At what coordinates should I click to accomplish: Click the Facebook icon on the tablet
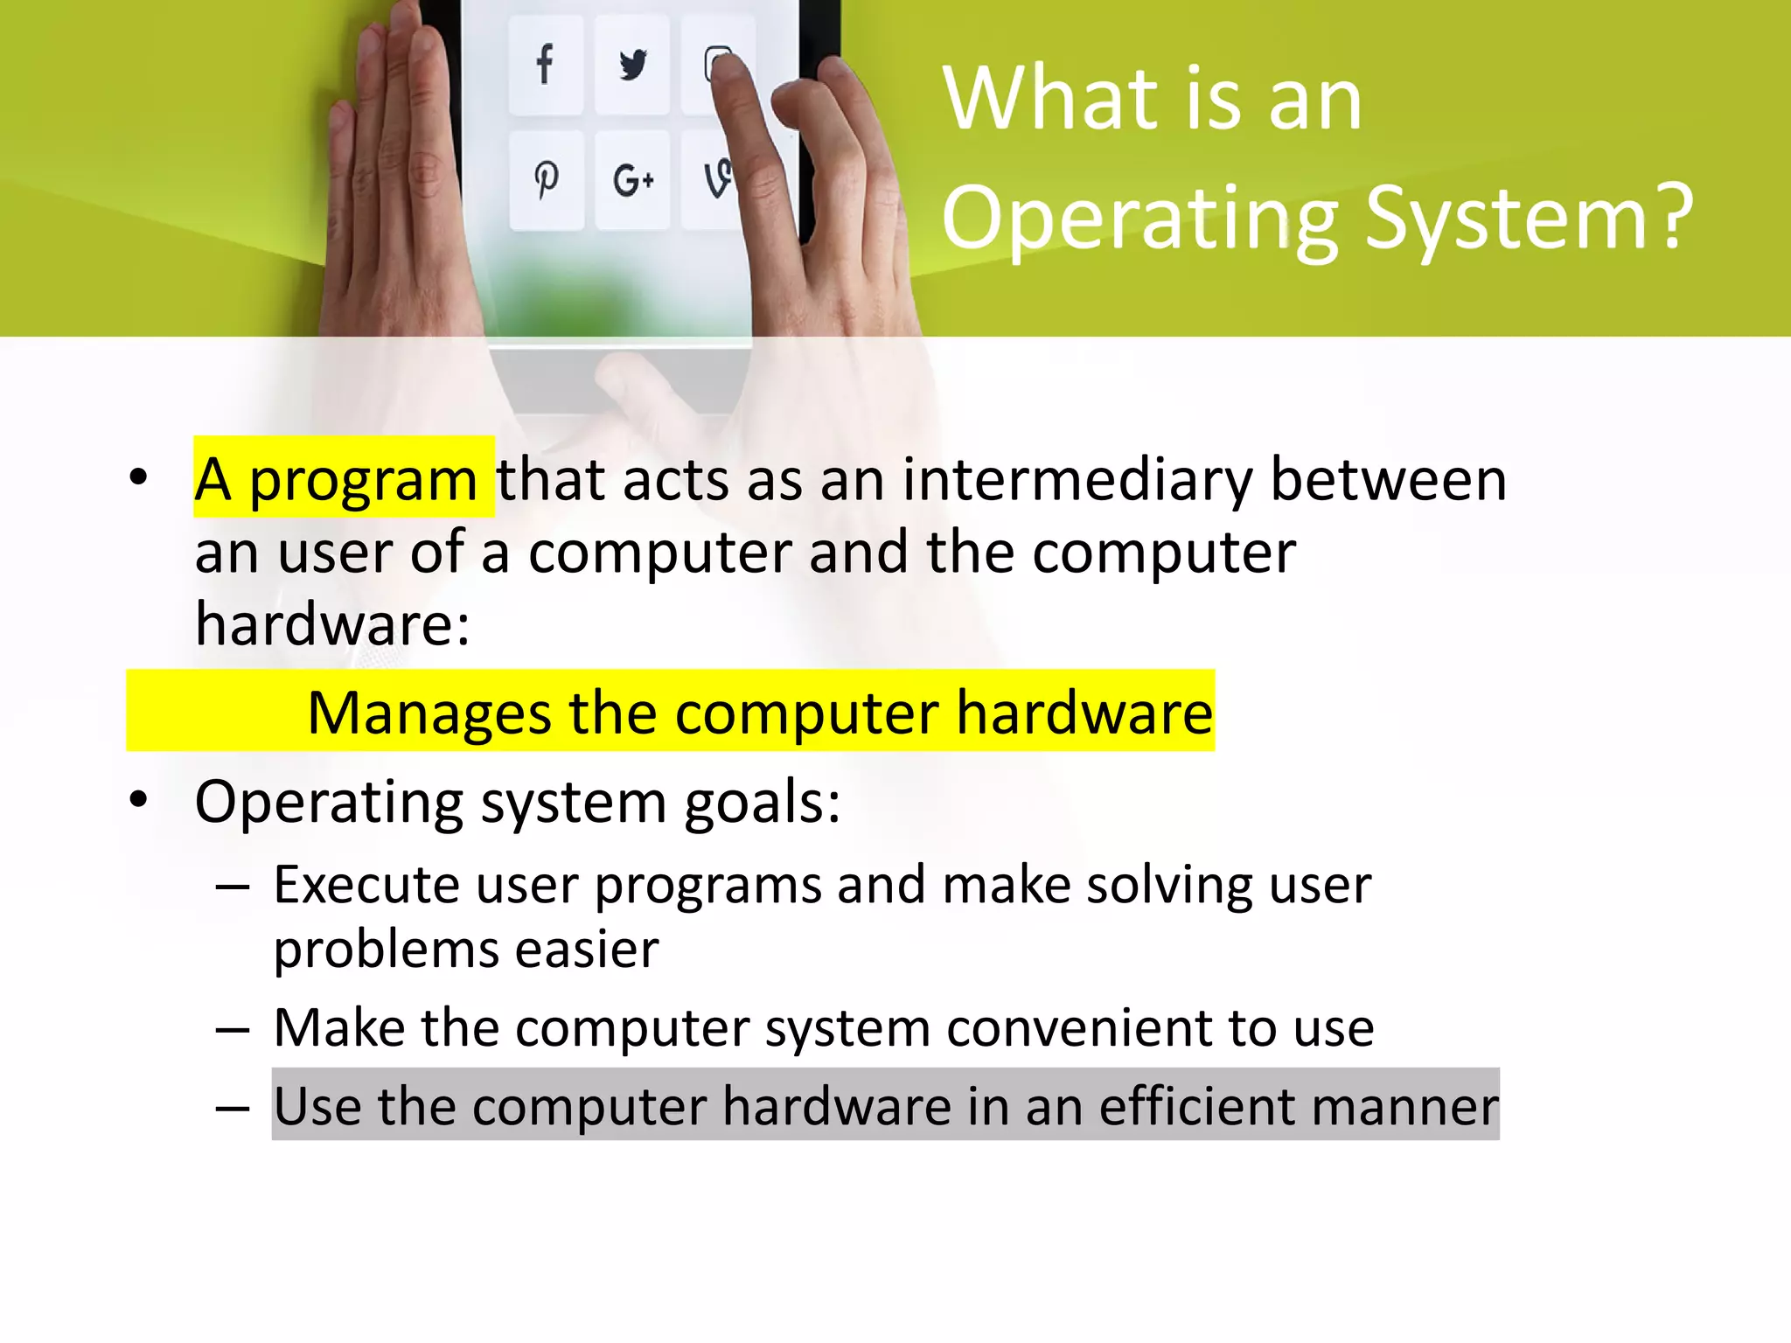[x=545, y=64]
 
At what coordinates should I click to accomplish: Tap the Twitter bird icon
[x=632, y=65]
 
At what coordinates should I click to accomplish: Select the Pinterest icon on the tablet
[x=547, y=179]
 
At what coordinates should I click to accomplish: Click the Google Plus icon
[x=633, y=181]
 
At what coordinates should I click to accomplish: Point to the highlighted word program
[x=363, y=480]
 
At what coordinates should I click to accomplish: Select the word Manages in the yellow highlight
[x=429, y=713]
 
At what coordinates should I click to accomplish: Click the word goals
[x=762, y=803]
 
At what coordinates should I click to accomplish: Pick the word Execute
[x=366, y=885]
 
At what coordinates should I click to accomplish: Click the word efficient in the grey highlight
[x=1196, y=1106]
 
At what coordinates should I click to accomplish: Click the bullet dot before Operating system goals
[x=138, y=799]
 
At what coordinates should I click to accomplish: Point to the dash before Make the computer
[x=233, y=1030]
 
